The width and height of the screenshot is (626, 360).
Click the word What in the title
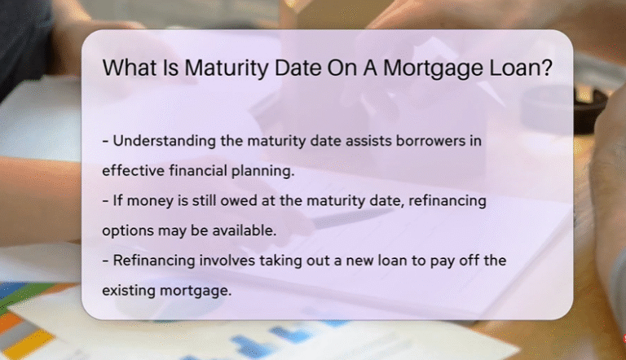click(x=130, y=68)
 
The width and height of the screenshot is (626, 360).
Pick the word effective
click(x=130, y=171)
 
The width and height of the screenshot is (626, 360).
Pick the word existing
click(x=129, y=290)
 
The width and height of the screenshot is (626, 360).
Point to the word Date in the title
click(x=288, y=68)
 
